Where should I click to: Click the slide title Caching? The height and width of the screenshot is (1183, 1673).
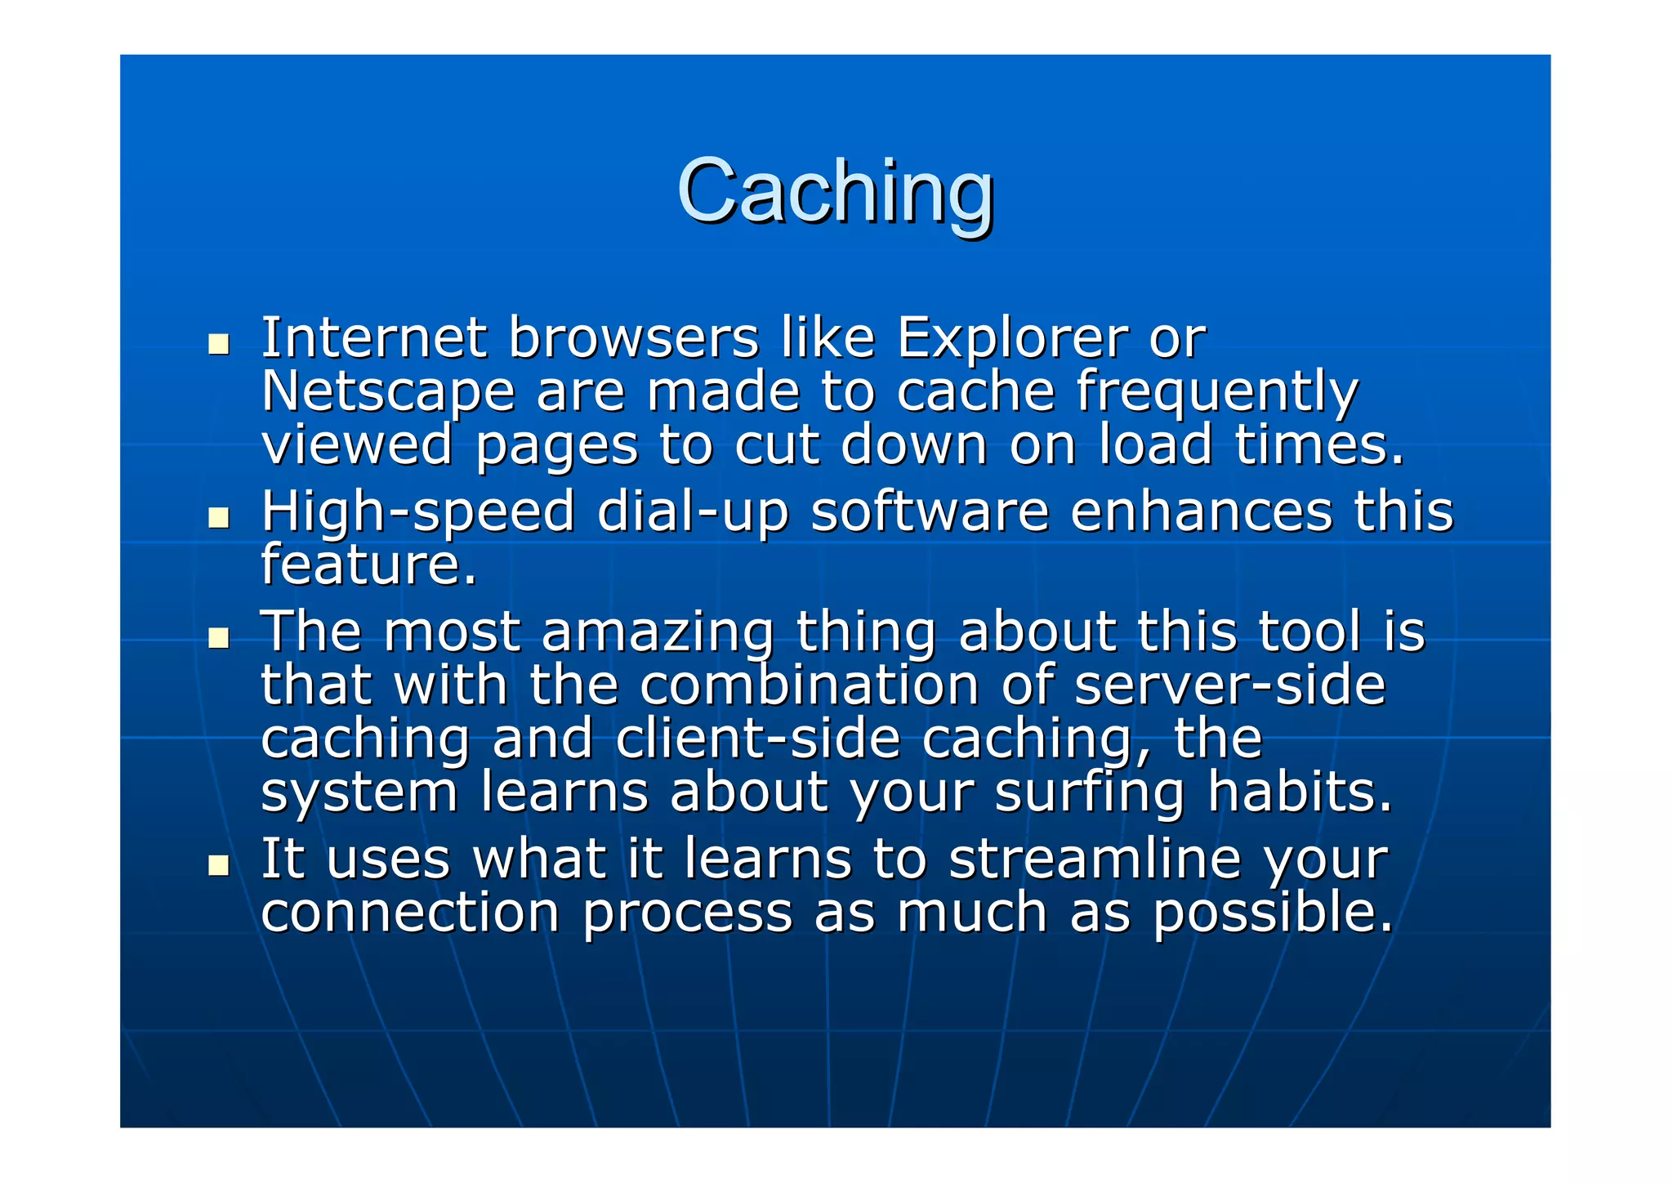835,191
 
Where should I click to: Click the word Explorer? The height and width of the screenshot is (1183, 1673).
1011,337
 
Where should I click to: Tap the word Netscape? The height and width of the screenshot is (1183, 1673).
388,392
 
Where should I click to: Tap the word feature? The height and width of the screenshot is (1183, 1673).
368,565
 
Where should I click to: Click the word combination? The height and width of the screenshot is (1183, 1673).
809,685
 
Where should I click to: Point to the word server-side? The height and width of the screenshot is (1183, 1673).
1229,685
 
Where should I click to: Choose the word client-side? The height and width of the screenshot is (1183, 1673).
758,739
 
